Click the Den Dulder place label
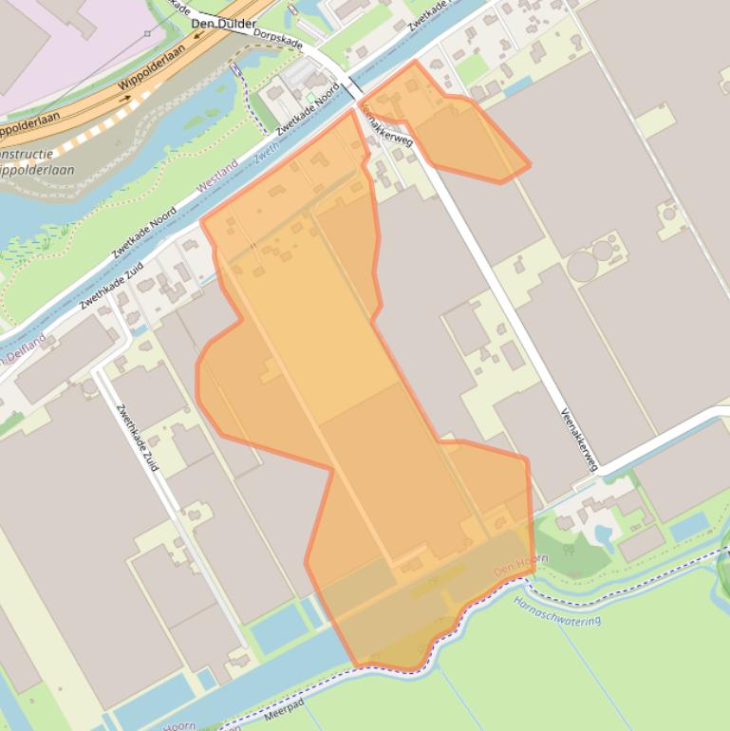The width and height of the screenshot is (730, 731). (x=223, y=23)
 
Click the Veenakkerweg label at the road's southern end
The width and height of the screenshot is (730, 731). (x=579, y=439)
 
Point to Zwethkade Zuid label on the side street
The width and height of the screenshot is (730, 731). (x=139, y=438)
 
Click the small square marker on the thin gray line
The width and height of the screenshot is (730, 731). (x=147, y=33)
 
